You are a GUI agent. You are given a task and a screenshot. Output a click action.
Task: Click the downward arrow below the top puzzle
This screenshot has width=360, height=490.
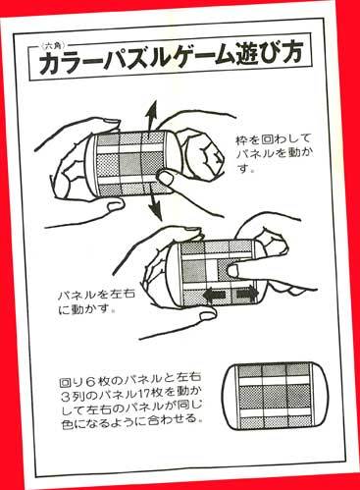(x=155, y=206)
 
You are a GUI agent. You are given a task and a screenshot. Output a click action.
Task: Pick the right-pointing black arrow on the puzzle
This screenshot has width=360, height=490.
(x=247, y=292)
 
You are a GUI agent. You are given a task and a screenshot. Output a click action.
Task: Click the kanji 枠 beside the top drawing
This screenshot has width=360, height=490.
(x=242, y=140)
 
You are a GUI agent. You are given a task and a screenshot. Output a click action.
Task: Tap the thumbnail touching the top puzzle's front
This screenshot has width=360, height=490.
(x=167, y=178)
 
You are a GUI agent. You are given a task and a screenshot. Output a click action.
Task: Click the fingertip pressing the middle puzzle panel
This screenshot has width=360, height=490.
(x=233, y=270)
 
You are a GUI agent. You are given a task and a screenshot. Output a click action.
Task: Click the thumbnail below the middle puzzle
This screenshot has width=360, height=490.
(x=208, y=315)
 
